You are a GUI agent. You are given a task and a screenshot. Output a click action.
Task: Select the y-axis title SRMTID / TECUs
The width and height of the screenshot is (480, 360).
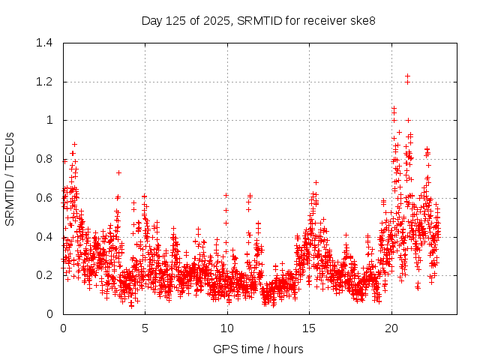tap(10, 178)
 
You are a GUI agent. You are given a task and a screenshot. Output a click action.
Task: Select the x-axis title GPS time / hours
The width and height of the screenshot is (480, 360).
tap(258, 349)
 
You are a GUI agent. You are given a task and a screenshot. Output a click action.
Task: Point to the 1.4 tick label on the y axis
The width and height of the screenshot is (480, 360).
tap(45, 43)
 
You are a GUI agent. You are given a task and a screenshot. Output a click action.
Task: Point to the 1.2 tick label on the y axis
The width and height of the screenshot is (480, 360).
tap(45, 82)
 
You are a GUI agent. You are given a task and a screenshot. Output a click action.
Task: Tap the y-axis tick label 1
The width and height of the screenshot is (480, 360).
tap(49, 120)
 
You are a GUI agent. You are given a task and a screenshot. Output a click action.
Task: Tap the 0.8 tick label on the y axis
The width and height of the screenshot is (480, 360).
tap(45, 159)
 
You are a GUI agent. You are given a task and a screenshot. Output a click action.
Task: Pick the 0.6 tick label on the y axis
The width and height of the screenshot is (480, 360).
tap(45, 198)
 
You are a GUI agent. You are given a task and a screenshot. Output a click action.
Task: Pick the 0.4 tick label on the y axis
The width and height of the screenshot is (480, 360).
tap(45, 237)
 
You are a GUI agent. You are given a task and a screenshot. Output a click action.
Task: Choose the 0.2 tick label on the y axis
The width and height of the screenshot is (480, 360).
tap(45, 275)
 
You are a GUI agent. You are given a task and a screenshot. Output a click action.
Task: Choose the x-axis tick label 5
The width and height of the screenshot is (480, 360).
tap(145, 328)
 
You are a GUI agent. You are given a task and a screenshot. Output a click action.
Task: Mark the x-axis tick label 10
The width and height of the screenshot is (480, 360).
tap(227, 328)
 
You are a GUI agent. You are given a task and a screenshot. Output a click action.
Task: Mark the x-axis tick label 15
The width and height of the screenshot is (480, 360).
tap(309, 328)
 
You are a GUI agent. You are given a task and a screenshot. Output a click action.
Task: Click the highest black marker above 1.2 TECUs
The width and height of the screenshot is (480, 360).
tap(407, 76)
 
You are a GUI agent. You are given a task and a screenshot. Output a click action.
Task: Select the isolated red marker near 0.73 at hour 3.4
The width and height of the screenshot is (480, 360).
tap(118, 172)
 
